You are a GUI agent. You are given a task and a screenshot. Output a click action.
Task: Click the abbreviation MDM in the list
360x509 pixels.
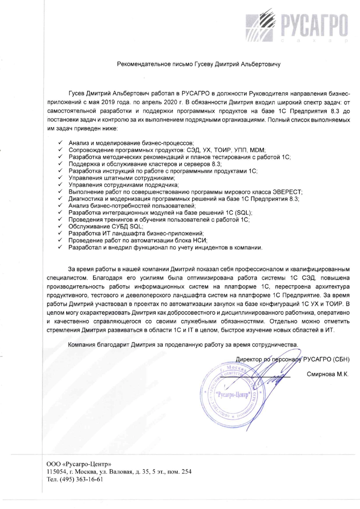tap(257, 150)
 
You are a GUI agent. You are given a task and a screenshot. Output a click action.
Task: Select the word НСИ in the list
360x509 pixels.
tap(200, 240)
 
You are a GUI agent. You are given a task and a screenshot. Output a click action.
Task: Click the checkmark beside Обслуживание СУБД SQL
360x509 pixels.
tap(60, 226)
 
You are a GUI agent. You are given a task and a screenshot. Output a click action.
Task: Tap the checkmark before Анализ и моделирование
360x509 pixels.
tap(60, 143)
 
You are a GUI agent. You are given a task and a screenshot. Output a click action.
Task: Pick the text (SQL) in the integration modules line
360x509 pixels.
tap(242, 212)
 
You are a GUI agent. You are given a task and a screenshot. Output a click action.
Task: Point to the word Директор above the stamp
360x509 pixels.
tap(248, 359)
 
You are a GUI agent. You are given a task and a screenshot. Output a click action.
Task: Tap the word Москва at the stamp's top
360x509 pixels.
tap(236, 369)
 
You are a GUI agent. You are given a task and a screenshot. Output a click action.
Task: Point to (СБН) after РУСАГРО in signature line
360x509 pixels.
tap(341, 359)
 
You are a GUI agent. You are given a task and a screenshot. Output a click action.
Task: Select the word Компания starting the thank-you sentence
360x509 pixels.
tap(82, 345)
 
